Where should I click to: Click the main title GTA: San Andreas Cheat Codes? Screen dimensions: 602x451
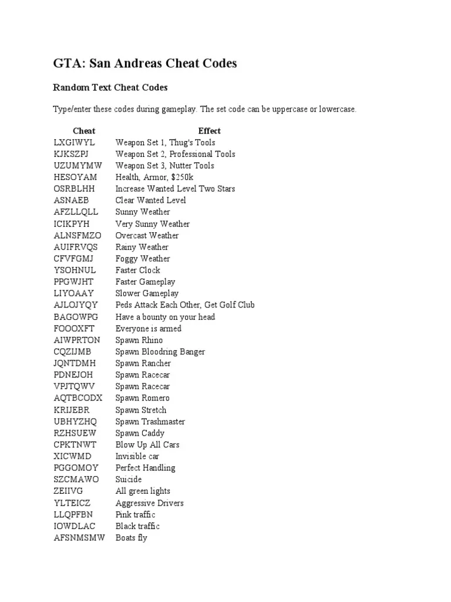[145, 63]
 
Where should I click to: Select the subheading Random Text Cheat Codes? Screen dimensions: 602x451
[110, 88]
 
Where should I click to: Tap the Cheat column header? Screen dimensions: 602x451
[84, 131]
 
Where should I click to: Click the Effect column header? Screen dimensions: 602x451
[209, 131]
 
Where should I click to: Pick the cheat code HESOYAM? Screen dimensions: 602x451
[76, 177]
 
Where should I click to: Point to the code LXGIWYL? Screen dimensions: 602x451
[74, 142]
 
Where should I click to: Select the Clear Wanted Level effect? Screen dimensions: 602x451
[151, 200]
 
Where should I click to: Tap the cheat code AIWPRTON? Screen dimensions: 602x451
[77, 340]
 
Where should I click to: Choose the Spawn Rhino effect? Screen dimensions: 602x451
[139, 340]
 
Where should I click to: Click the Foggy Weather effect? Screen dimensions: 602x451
[143, 259]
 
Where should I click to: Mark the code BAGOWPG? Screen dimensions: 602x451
[76, 317]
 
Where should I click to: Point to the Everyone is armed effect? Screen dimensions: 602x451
[149, 329]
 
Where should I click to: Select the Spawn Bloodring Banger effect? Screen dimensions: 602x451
[160, 352]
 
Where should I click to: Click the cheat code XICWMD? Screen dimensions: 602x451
[72, 456]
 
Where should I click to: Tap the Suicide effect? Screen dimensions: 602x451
[129, 479]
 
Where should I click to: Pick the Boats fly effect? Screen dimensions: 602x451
[132, 538]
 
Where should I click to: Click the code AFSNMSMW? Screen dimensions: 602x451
[79, 538]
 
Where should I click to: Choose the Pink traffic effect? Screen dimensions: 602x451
[136, 514]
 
